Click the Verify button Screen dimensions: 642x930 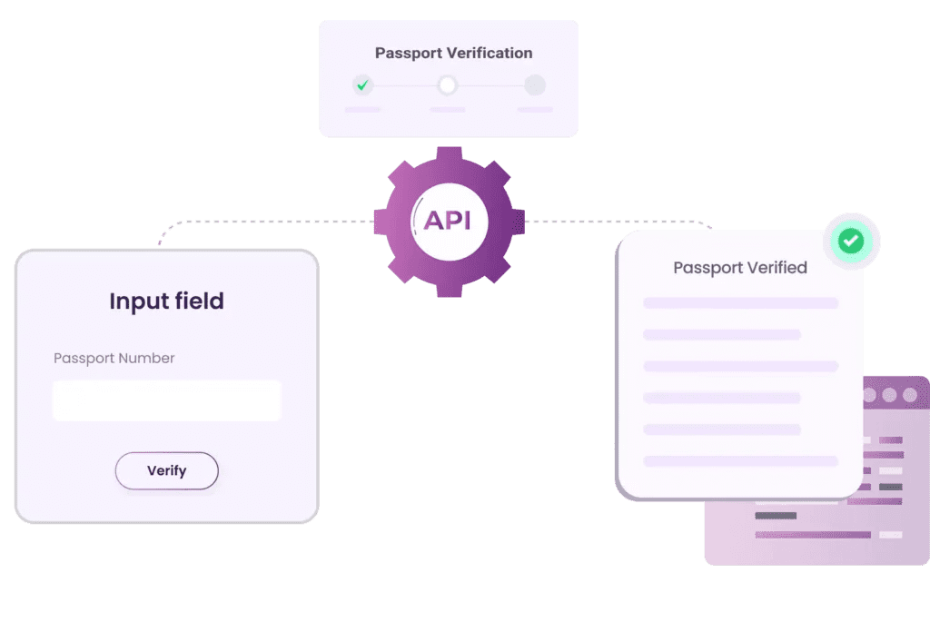point(166,470)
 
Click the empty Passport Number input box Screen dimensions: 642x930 point(166,400)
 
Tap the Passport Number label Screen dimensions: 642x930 point(114,358)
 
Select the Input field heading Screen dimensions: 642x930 point(166,301)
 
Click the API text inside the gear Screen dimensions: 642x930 point(449,221)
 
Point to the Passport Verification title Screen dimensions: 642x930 point(453,53)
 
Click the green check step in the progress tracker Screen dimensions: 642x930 point(362,85)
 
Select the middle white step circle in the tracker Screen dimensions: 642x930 point(447,85)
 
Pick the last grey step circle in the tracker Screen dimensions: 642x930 point(535,85)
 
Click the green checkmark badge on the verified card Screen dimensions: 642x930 point(851,241)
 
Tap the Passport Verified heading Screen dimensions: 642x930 point(739,268)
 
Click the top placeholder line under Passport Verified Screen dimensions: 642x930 point(739,302)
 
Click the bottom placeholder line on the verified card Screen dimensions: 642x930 point(739,461)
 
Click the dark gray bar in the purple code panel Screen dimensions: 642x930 point(776,516)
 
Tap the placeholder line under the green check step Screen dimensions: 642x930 point(362,110)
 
